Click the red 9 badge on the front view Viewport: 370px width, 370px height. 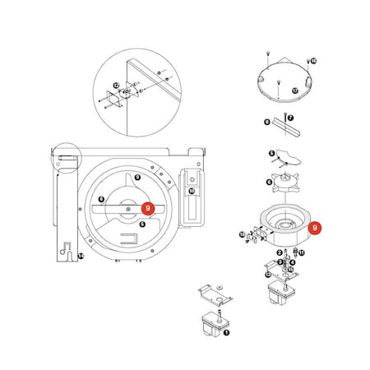[147, 210]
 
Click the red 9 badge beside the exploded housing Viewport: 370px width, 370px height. [317, 229]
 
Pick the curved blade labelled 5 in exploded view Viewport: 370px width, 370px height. [292, 159]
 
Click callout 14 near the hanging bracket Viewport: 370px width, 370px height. [81, 257]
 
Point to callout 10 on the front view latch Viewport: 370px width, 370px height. [191, 191]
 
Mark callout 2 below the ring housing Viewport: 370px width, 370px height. [280, 252]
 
